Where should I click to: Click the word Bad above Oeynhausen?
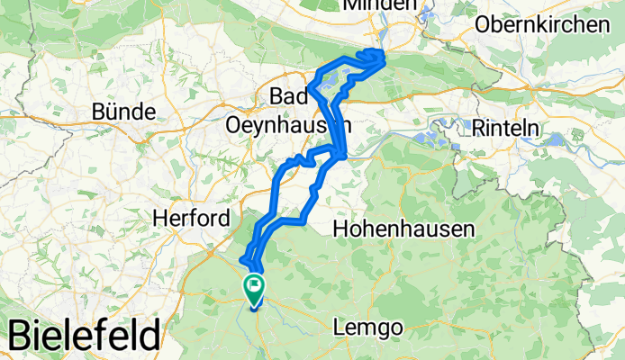click(290, 95)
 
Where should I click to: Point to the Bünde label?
click(124, 112)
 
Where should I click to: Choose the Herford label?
click(191, 218)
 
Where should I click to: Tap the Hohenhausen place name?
click(403, 229)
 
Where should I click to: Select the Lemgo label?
click(368, 328)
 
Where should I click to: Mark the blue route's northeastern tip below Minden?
click(385, 55)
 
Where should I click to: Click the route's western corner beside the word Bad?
click(310, 88)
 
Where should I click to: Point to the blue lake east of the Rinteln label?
click(557, 139)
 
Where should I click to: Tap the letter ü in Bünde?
click(114, 112)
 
